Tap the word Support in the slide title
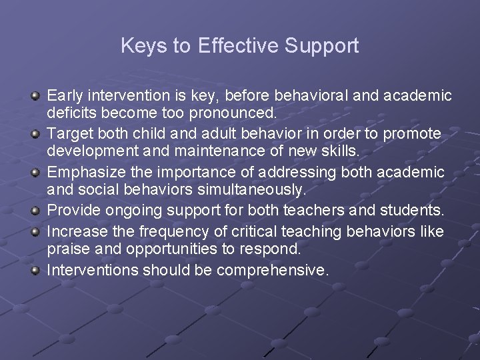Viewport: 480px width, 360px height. [321, 46]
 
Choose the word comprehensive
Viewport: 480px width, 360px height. [273, 270]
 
